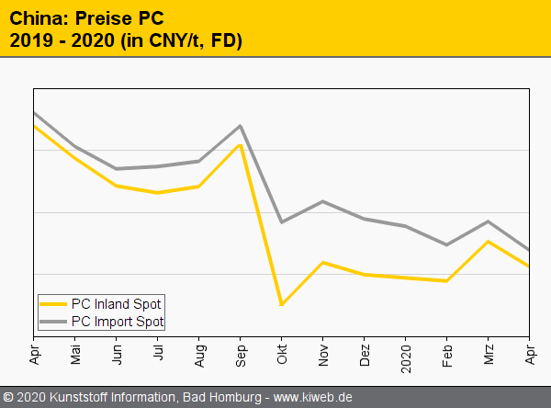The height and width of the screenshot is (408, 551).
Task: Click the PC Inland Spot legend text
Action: pos(117,303)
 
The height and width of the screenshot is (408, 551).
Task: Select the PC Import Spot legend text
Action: pos(118,322)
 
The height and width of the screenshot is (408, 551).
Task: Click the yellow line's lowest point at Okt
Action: pos(281,304)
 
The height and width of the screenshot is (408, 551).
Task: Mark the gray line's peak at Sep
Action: pos(241,126)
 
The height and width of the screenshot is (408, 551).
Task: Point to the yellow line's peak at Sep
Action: pos(241,145)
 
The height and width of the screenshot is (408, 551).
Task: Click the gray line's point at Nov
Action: pos(323,201)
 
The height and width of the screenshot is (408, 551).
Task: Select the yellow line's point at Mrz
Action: pos(489,242)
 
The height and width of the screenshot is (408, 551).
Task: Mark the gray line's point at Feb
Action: pos(447,244)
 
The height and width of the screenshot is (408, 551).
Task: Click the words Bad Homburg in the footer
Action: pos(220,398)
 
